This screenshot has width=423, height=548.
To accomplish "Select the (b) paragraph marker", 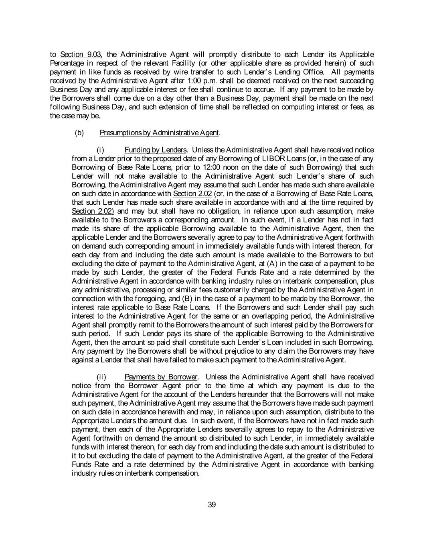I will pos(79,133).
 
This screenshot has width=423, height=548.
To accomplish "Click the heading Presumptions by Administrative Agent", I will pos(159,133).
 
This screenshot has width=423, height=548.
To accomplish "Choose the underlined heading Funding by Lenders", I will pos(155,150).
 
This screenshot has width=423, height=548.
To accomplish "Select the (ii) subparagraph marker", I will pos(101,377).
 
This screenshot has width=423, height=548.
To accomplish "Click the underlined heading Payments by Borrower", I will pos(161,377).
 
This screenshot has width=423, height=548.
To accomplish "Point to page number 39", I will pos(212,505).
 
